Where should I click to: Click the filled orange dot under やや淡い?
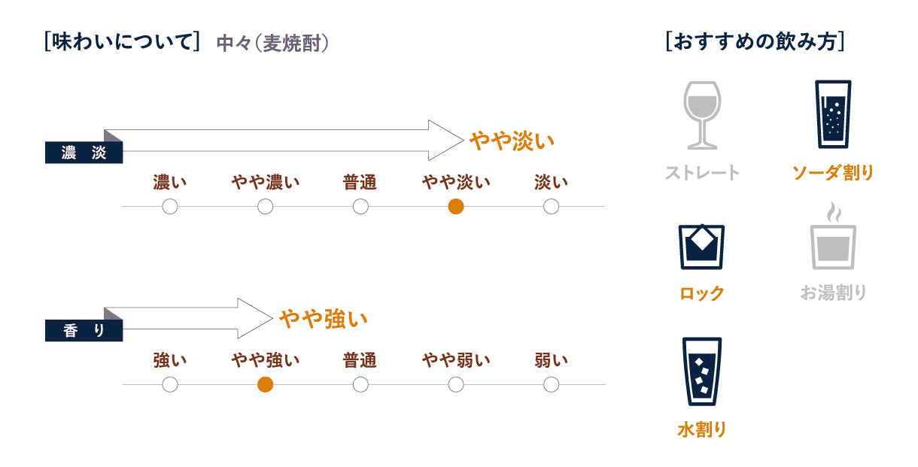tap(456, 207)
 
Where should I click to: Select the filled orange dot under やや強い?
tap(265, 385)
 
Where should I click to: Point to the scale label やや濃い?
tap(266, 182)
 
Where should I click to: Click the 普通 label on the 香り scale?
tap(360, 360)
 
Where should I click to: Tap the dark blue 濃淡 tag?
tap(84, 153)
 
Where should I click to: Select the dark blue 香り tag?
tap(84, 330)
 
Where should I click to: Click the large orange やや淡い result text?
tap(512, 141)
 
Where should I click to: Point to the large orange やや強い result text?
tap(324, 319)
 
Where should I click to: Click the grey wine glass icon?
tap(702, 116)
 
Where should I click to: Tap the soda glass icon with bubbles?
tap(833, 114)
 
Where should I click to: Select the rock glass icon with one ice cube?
tap(701, 247)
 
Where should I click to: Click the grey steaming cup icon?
tap(834, 235)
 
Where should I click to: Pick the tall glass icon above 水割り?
tap(702, 371)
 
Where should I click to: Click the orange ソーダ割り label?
tap(833, 173)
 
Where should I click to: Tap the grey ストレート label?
tap(702, 173)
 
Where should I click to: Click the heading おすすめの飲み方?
tap(755, 42)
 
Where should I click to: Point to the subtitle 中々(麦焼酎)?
tap(272, 44)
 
